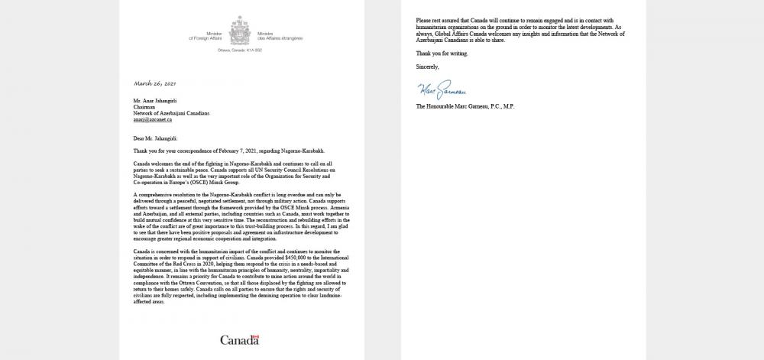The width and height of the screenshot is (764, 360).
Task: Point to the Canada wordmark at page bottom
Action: [240, 339]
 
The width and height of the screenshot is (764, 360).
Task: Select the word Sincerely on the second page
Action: [428, 67]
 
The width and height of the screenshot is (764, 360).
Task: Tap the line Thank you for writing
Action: [442, 54]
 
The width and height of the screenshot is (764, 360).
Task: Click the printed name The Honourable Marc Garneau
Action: [465, 106]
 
